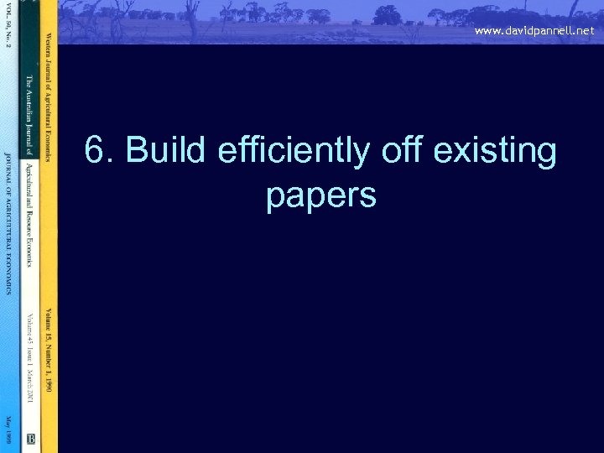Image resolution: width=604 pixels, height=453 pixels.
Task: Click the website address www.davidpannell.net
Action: (x=534, y=30)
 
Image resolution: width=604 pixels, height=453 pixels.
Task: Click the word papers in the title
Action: (x=320, y=196)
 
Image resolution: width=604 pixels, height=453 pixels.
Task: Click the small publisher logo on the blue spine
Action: (x=30, y=438)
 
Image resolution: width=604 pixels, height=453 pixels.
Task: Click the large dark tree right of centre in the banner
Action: (x=387, y=15)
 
